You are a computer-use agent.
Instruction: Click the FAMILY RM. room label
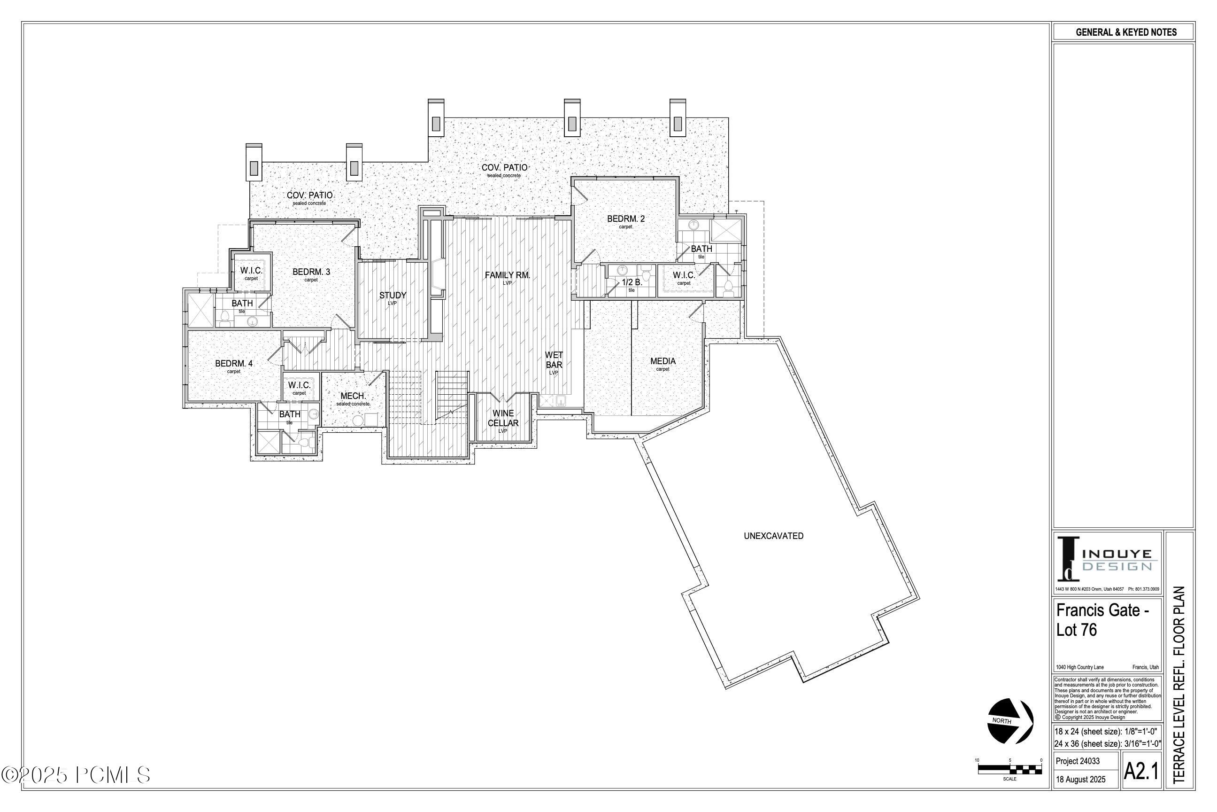coord(507,275)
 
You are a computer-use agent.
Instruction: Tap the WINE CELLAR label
coord(503,418)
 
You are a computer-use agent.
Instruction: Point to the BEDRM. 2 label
coord(625,219)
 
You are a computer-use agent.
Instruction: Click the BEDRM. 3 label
coord(311,272)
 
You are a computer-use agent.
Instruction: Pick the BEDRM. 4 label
coord(234,364)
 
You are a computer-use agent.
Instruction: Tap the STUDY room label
coord(393,296)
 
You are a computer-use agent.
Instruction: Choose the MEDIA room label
coord(663,361)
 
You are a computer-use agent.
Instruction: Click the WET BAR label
coord(554,360)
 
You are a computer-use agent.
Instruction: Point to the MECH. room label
coord(353,396)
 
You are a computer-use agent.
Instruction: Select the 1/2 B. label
coord(632,283)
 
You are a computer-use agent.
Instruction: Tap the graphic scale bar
coord(1009,769)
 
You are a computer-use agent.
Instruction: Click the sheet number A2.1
coord(1141,772)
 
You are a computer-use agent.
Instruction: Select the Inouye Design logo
coord(1107,561)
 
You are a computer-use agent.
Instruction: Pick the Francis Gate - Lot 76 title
coord(1102,620)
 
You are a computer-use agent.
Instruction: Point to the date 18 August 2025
coord(1080,780)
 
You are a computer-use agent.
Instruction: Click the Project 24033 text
coord(1078,761)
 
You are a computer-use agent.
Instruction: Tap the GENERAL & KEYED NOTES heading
coord(1126,32)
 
